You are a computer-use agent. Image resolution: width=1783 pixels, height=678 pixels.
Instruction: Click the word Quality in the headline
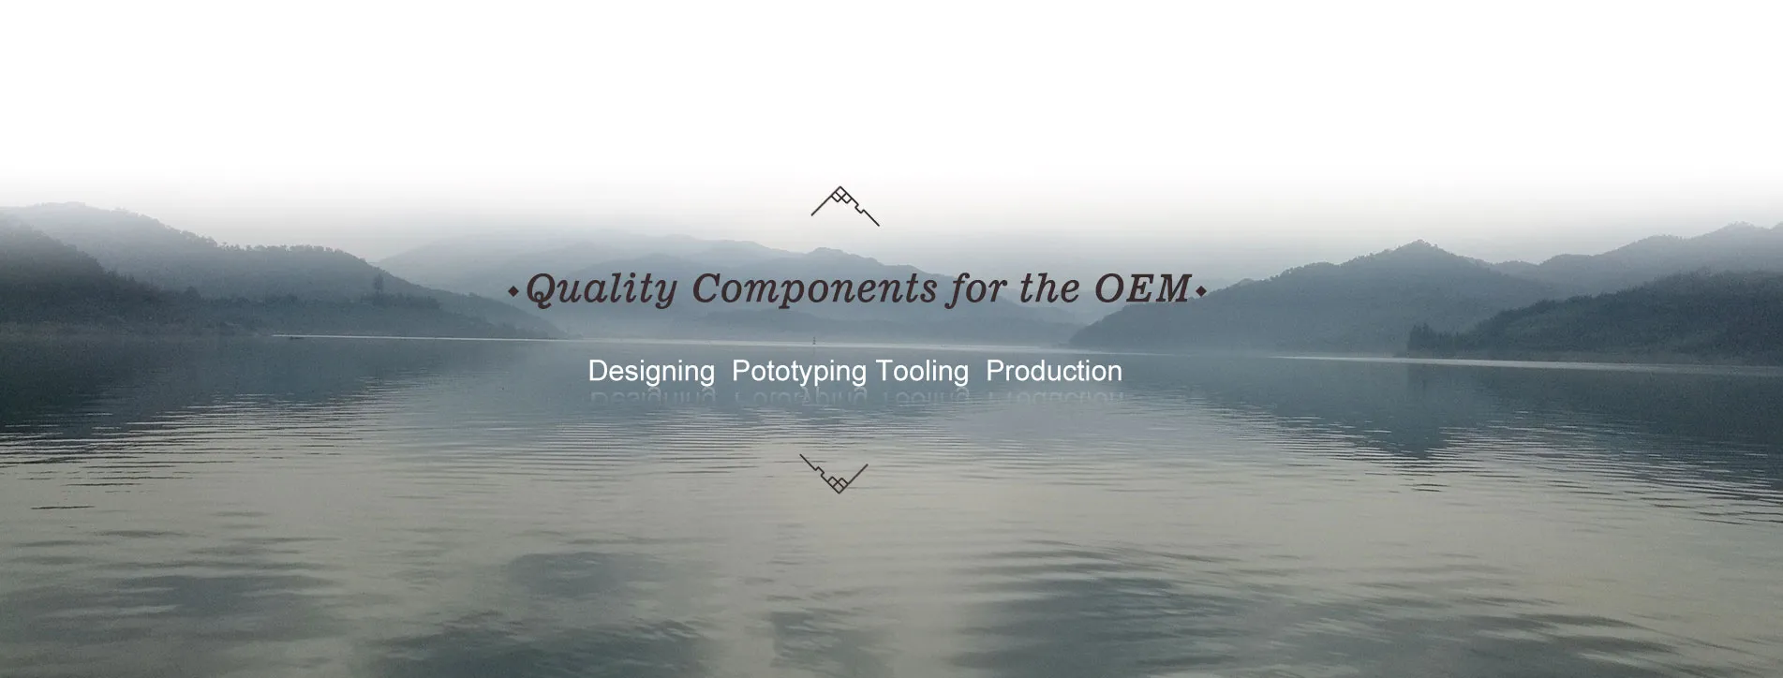click(x=601, y=289)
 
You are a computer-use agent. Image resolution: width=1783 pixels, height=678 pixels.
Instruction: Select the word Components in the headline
click(x=814, y=289)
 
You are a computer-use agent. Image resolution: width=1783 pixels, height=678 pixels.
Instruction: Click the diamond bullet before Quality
click(x=513, y=292)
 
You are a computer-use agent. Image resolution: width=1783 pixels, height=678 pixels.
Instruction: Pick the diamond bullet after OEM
click(x=1200, y=292)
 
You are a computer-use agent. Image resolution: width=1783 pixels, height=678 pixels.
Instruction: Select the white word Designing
click(x=651, y=372)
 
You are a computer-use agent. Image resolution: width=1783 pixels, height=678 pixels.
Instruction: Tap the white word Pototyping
click(x=798, y=372)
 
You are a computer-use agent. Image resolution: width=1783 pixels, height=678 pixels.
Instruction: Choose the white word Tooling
click(x=922, y=372)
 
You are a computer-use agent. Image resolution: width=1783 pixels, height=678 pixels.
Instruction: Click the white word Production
click(x=1054, y=371)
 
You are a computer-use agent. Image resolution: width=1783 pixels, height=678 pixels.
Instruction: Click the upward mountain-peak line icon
click(x=845, y=206)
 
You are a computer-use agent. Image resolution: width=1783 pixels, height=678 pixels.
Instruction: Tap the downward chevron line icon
click(x=834, y=474)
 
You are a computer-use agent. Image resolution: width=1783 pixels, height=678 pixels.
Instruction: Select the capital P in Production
click(x=994, y=371)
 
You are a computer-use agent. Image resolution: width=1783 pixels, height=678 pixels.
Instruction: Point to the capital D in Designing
click(x=597, y=371)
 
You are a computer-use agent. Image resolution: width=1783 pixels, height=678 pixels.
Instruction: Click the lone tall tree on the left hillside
click(x=378, y=284)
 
